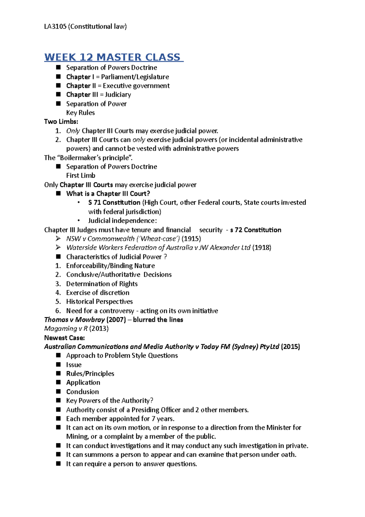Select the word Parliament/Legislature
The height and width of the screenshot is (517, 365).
point(135,77)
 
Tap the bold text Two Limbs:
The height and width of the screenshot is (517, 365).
point(61,121)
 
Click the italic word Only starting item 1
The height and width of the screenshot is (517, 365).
point(73,131)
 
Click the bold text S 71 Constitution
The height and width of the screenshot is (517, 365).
point(114,202)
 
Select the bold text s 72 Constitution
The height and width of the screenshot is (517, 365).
point(255,230)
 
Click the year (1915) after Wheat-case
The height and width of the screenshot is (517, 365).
point(191,239)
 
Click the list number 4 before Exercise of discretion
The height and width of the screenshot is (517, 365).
point(58,293)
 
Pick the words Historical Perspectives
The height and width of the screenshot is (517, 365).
point(99,301)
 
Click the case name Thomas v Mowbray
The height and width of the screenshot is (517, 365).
point(74,320)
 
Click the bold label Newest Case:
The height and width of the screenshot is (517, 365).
point(64,338)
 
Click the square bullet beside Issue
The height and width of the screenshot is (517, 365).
point(58,364)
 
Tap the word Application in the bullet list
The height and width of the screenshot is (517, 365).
point(83,382)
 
